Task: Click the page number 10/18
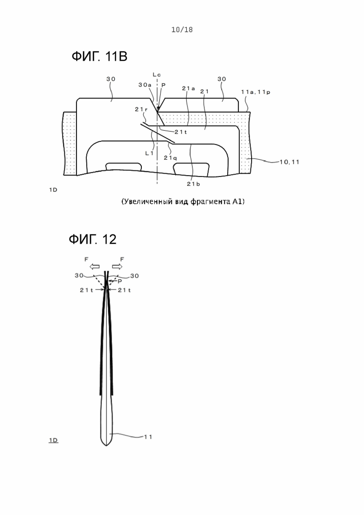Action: [182, 29]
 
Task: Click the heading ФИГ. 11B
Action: [99, 56]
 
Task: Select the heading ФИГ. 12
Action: [92, 239]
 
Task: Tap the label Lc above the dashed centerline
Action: [157, 75]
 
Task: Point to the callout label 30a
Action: [145, 85]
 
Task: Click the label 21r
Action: [141, 109]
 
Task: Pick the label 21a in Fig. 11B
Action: [189, 88]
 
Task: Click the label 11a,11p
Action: [256, 92]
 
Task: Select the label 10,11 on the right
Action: [289, 162]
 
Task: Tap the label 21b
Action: [193, 184]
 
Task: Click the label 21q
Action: [170, 158]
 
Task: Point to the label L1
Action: [149, 153]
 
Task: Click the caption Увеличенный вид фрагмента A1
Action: [183, 201]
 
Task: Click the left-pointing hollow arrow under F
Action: [95, 266]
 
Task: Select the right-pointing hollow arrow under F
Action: [117, 266]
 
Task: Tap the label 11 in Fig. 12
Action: [148, 437]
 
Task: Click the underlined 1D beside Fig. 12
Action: [53, 440]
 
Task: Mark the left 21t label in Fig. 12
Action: [87, 290]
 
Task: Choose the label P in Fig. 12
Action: [120, 281]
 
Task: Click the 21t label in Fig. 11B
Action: [181, 132]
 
